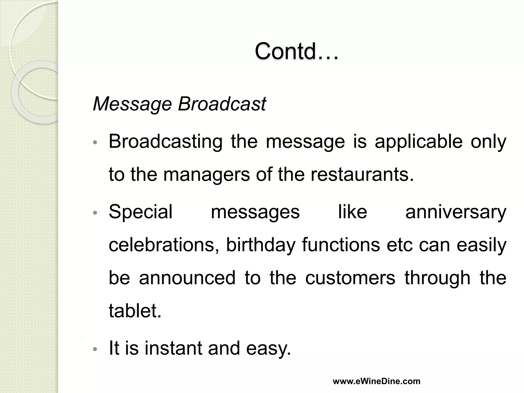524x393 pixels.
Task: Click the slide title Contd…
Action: point(296,51)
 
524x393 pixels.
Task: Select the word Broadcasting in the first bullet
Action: point(166,142)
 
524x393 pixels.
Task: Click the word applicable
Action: point(419,142)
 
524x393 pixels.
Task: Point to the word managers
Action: point(206,175)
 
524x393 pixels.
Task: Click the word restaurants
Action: point(362,175)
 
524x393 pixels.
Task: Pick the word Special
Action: point(140,212)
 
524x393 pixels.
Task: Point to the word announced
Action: point(187,278)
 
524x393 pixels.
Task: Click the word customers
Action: point(350,278)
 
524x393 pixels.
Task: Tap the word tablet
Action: point(135,311)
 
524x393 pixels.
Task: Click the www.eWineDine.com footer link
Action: point(376,381)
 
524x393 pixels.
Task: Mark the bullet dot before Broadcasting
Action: point(95,143)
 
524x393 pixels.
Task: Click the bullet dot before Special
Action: point(95,213)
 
